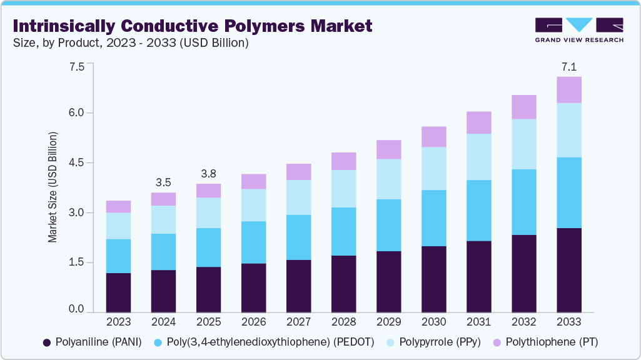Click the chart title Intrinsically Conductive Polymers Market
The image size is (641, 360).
coord(193,26)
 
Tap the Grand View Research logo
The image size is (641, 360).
coord(579,30)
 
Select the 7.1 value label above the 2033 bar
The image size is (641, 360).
coord(569,67)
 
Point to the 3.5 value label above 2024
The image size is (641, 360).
coord(163,182)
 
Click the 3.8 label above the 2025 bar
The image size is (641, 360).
coord(208,174)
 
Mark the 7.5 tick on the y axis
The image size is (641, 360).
coord(76,66)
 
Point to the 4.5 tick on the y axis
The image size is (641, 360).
coord(76,162)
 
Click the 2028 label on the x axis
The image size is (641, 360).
coord(343,322)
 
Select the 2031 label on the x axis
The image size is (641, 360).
coord(478,322)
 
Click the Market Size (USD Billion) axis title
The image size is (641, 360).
coord(53,187)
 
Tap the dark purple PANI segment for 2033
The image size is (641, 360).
coord(569,270)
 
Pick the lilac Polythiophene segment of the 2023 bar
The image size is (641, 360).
coord(118,207)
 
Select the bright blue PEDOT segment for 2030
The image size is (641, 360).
coord(433,218)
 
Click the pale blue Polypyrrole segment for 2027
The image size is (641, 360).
coord(298,197)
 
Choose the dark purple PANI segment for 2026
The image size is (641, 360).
coord(253,287)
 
